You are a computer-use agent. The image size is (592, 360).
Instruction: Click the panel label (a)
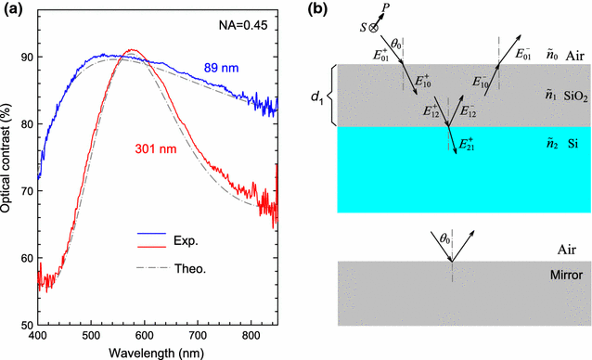coord(13,9)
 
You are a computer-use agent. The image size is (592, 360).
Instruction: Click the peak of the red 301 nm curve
coord(134,50)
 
